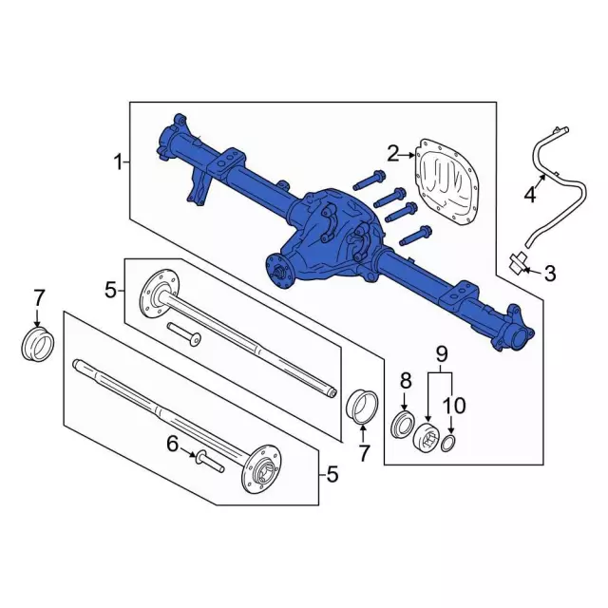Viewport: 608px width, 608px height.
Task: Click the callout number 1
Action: [118, 162]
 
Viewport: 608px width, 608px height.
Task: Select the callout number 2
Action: [393, 154]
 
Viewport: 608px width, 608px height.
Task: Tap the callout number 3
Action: [550, 274]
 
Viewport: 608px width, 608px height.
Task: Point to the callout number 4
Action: [530, 194]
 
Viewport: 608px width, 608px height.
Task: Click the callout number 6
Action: [173, 444]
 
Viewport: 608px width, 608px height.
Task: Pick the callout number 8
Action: [406, 381]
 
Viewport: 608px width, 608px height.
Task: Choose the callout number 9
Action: [442, 353]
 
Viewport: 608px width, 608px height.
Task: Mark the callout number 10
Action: [454, 406]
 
